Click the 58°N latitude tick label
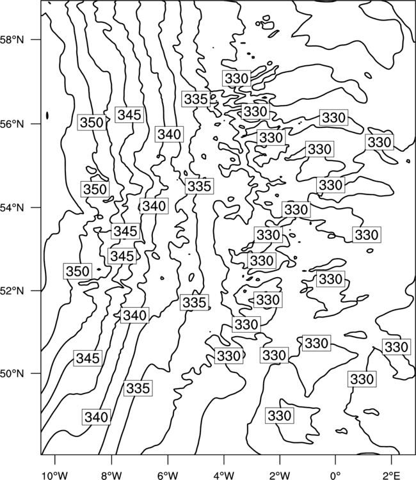12,40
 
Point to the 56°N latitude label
12,124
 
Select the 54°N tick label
12,208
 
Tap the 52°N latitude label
12,291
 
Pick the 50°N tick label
12,374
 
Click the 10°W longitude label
55,476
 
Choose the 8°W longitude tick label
111,476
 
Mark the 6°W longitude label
168,476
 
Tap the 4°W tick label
223,476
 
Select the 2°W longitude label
280,476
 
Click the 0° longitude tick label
335,476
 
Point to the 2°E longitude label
392,476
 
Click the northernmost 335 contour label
196,99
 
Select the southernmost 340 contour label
96,417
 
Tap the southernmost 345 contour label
88,358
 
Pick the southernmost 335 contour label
138,388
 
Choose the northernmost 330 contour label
236,78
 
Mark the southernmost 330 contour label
279,415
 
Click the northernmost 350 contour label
92,122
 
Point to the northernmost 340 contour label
169,134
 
